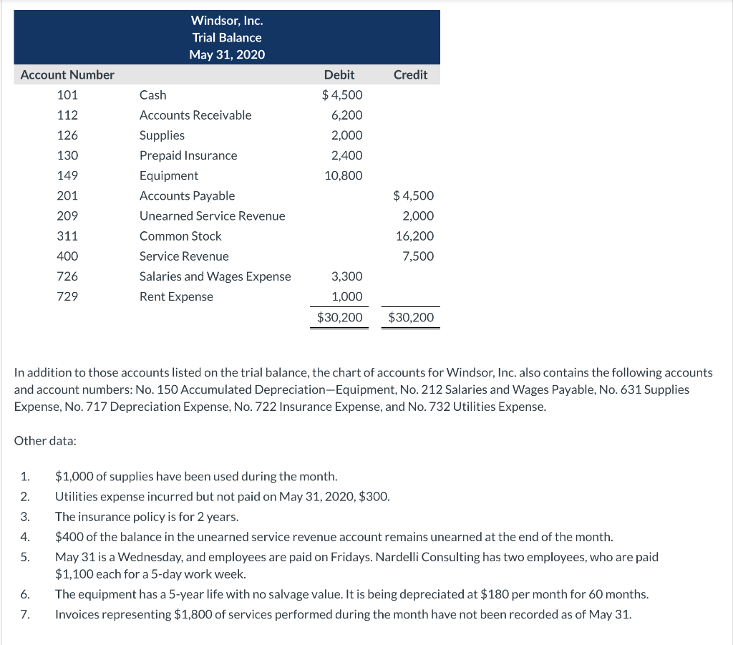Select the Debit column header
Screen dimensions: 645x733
(x=339, y=74)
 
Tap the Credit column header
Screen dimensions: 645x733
(x=411, y=74)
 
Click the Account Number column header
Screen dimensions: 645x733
(x=67, y=74)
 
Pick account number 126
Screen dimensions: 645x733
(x=67, y=135)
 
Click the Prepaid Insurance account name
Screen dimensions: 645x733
(x=188, y=155)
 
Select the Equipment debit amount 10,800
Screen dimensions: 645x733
(x=344, y=175)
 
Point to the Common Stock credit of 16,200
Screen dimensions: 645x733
(x=414, y=236)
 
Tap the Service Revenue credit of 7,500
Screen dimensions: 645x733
(x=418, y=256)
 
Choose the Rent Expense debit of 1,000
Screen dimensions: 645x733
(x=347, y=296)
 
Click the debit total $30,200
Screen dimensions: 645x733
(x=340, y=317)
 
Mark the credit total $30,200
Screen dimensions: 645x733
(x=411, y=317)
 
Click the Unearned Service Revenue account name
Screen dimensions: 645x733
(x=212, y=216)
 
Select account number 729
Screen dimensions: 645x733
(x=67, y=296)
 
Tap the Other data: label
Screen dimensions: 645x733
(x=45, y=441)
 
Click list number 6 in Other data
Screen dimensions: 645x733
(x=24, y=594)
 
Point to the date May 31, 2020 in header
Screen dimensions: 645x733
(x=226, y=54)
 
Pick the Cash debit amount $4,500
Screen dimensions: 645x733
(x=342, y=95)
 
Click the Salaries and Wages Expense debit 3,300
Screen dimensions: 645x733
(x=347, y=276)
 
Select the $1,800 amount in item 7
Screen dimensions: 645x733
(x=190, y=614)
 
